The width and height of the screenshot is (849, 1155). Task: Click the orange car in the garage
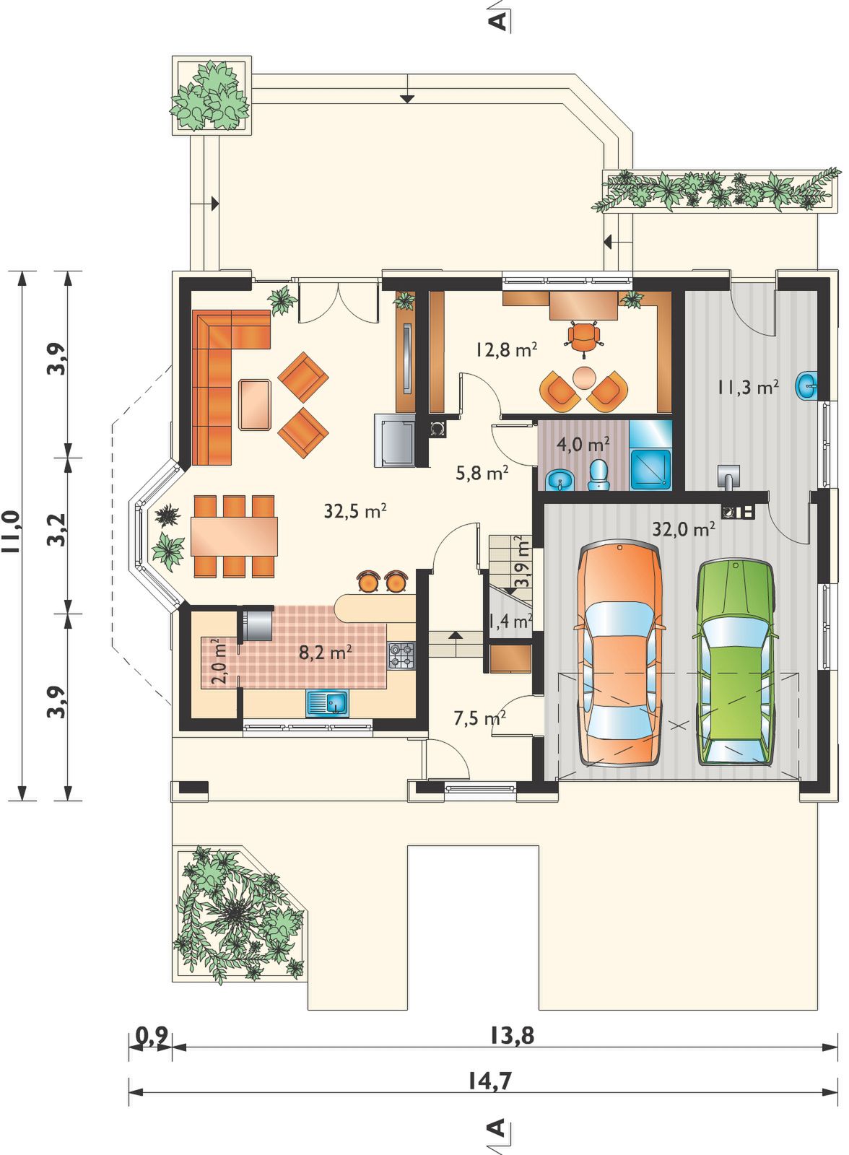[x=619, y=654]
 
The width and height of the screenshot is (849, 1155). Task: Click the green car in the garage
[x=736, y=662]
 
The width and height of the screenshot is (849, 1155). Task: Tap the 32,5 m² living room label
[x=355, y=511]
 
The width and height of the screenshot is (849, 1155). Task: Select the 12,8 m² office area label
[x=507, y=349]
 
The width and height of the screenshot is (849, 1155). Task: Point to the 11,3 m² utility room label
[x=747, y=387]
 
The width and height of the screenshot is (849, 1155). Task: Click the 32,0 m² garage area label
[x=684, y=528]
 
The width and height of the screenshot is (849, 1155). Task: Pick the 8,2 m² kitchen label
[x=326, y=653]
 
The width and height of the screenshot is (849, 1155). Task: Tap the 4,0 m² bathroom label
[x=583, y=443]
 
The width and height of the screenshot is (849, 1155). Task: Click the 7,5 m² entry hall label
[x=479, y=718]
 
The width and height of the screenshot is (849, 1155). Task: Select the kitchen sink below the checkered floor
[x=328, y=703]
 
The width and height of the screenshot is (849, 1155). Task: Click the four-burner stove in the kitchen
[x=401, y=655]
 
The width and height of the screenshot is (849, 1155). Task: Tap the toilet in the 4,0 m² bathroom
[x=598, y=474]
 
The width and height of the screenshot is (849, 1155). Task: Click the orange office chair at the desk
[x=584, y=337]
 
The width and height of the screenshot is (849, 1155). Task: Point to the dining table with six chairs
[x=234, y=536]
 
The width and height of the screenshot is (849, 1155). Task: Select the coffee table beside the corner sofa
[x=255, y=405]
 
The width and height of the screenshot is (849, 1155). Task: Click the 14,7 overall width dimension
[x=490, y=1080]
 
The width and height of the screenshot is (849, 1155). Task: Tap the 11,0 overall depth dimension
[x=12, y=531]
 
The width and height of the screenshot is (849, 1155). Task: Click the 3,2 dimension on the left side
[x=57, y=530]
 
